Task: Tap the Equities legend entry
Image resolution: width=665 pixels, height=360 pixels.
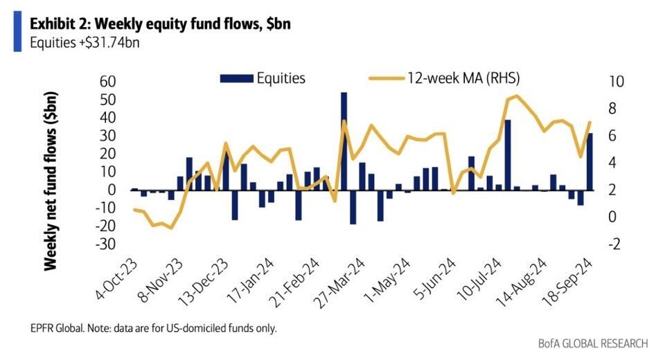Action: (263, 78)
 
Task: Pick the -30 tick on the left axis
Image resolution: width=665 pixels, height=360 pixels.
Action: (107, 244)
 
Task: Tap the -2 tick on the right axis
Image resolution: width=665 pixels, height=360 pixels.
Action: (615, 244)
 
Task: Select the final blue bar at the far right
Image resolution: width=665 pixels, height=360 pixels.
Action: (589, 161)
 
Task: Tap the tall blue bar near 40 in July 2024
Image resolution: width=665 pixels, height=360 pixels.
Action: (508, 154)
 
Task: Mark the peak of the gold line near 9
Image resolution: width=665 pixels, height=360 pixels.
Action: (515, 96)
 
